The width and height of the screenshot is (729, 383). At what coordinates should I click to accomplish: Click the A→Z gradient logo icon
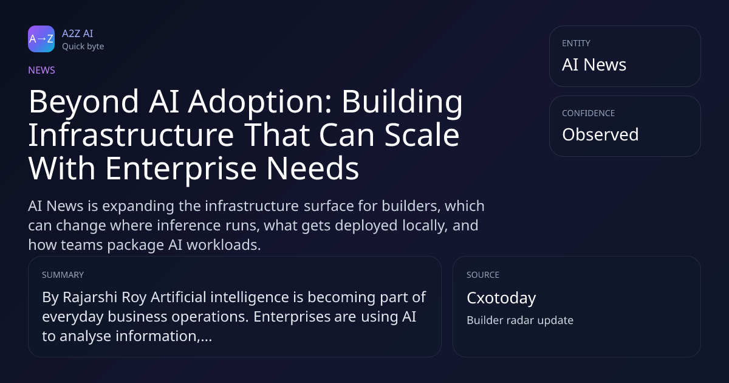point(41,39)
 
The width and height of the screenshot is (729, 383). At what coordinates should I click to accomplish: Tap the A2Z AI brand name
point(78,33)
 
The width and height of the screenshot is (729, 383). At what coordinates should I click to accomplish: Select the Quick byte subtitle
point(83,47)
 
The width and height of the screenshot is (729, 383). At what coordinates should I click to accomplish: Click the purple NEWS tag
point(42,71)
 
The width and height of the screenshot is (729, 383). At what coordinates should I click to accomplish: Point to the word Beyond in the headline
point(84,102)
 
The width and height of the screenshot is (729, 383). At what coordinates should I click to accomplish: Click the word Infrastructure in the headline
point(131,135)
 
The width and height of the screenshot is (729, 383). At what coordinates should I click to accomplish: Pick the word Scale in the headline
point(422,135)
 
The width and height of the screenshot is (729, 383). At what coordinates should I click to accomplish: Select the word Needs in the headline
point(313,168)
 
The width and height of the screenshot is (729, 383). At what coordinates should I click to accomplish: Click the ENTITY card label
point(576,43)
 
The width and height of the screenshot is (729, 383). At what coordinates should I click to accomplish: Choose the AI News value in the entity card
point(594,64)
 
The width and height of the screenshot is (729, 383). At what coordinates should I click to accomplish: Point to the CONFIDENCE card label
point(589,113)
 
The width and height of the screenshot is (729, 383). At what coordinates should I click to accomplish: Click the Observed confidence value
point(600,134)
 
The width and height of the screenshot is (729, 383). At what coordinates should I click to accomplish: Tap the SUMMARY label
point(63,275)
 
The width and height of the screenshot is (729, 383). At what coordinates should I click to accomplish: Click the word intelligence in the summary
point(250,298)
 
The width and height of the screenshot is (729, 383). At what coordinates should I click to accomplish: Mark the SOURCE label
point(483,275)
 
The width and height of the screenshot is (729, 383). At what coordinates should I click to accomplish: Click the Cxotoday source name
point(501,298)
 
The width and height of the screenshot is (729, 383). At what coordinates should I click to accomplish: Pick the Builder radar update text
point(520,320)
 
